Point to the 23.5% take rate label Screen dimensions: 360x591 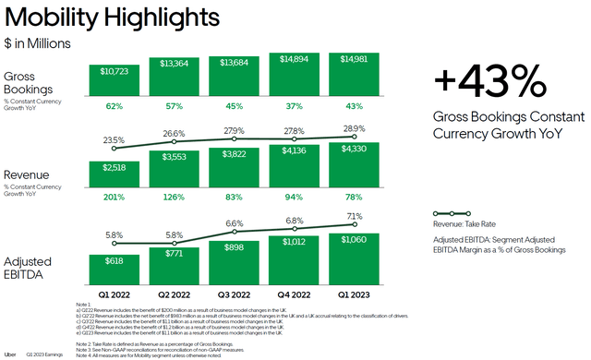[115, 141]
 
